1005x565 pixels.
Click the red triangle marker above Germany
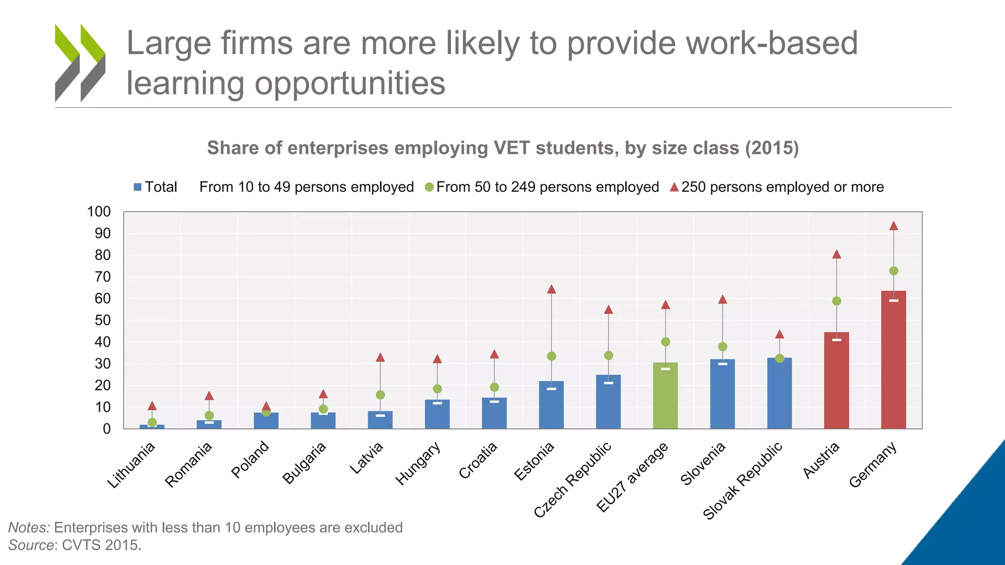[894, 226]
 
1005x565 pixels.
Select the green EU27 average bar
[665, 397]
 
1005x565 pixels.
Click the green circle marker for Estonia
[552, 356]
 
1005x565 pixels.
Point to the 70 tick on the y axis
[103, 277]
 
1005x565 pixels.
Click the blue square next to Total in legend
[138, 187]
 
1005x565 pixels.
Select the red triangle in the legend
[674, 187]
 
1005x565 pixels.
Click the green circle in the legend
[429, 187]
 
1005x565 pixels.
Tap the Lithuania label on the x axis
[132, 465]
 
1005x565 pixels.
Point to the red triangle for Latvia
[380, 358]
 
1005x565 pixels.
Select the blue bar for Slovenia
[722, 395]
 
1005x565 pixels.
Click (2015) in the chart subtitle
[772, 148]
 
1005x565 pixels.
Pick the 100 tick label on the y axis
[99, 212]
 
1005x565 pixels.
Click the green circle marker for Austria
[837, 301]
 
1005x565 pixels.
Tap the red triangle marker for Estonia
[552, 289]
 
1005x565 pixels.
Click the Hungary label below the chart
[418, 463]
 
